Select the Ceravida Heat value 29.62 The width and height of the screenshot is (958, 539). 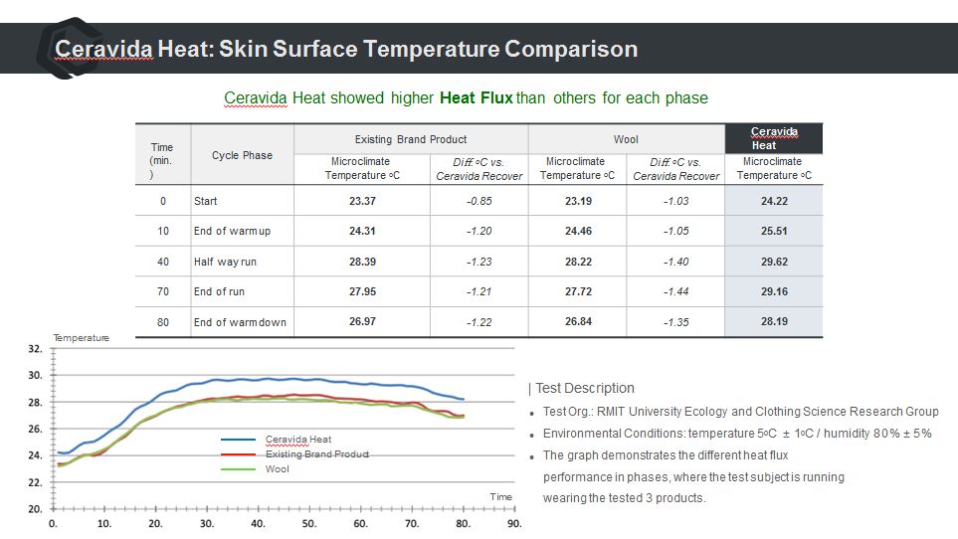point(774,262)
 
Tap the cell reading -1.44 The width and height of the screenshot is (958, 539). point(676,291)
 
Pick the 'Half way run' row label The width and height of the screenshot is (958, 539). point(226,262)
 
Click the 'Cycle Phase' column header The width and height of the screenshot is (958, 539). point(242,155)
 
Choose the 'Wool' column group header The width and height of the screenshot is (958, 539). point(626,139)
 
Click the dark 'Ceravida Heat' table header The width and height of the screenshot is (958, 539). point(773,138)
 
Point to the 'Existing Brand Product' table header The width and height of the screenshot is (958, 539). point(410,139)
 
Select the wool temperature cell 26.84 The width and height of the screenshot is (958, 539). point(578,322)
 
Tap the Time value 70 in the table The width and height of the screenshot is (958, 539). point(162,291)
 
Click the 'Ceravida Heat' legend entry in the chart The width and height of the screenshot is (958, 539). point(297,439)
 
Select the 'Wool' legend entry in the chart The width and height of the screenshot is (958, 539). point(278,468)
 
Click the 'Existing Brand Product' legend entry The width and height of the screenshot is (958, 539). point(316,453)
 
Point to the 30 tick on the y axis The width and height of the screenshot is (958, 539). point(35,376)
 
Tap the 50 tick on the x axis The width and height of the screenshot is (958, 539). point(309,523)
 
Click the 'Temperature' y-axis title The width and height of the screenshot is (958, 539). point(81,338)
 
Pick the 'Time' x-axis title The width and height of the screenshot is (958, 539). point(500,496)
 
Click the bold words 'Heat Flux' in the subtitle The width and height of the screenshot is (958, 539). point(476,98)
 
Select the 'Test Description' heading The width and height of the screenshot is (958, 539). point(584,388)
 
